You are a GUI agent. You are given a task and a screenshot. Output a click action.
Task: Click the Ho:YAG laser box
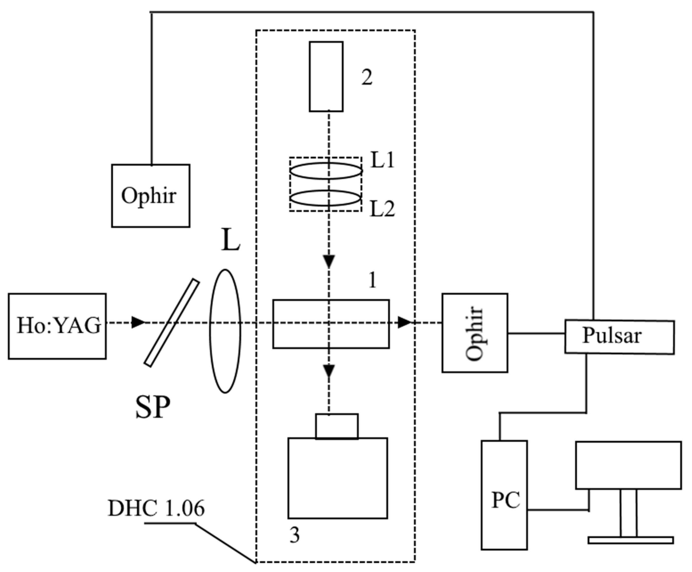[x=57, y=326]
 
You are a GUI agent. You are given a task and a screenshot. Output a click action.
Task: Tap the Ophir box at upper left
[x=151, y=196]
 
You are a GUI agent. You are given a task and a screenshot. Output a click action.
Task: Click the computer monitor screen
[x=628, y=465]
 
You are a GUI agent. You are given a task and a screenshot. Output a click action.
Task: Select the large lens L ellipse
[x=225, y=331]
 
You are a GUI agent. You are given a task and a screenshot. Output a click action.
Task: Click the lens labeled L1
[x=326, y=171]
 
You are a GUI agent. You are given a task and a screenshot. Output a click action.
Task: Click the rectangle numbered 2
[x=326, y=77]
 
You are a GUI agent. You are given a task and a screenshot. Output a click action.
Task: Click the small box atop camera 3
[x=337, y=426]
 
